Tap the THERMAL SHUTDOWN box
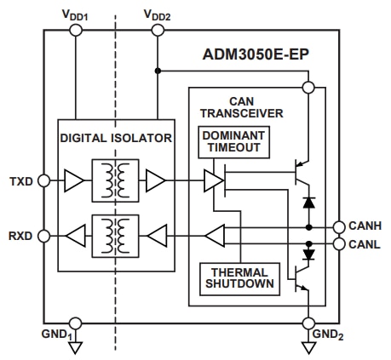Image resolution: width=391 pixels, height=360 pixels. [x=238, y=278]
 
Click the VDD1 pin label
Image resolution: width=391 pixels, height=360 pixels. [x=75, y=14]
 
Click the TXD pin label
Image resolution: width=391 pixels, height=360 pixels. [x=22, y=181]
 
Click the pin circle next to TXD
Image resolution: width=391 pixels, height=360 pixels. [x=44, y=180]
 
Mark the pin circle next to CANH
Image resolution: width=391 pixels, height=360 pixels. [x=339, y=227]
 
